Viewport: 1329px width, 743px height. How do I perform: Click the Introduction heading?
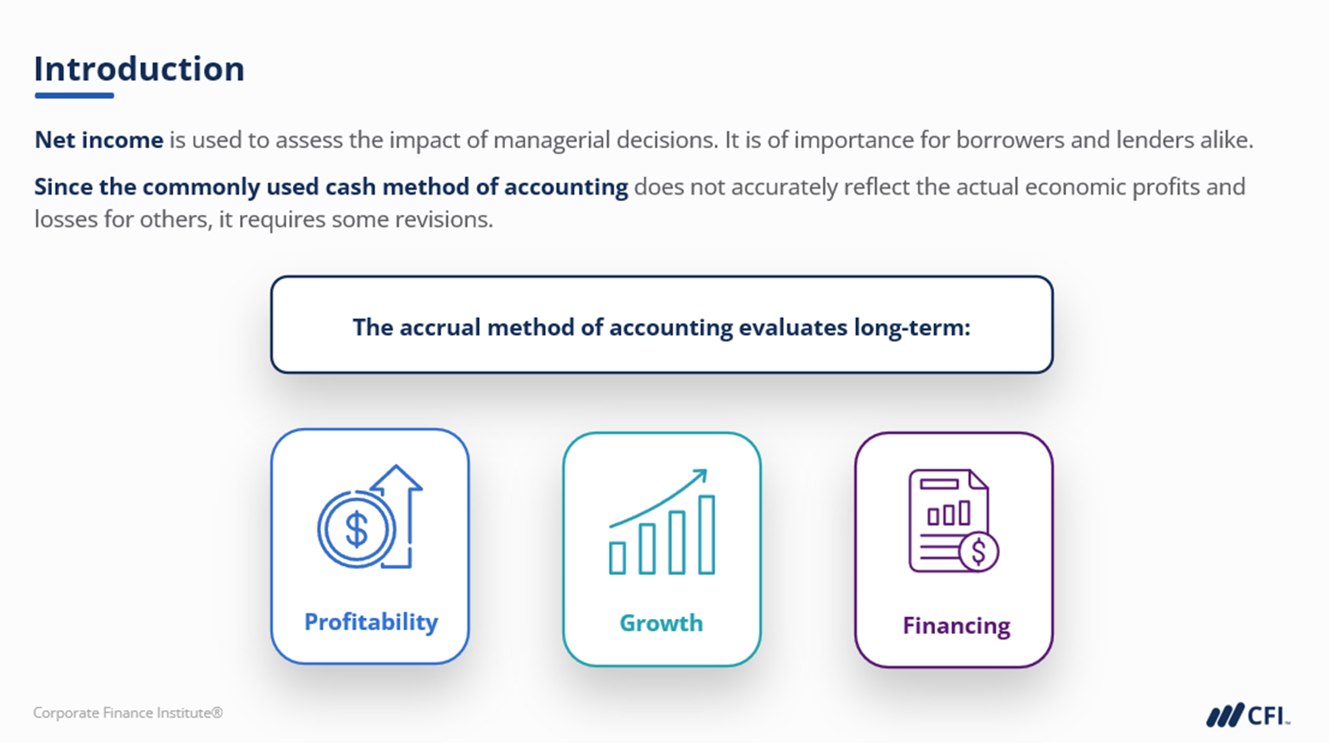pos(139,69)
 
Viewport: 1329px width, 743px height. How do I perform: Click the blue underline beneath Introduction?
pos(74,96)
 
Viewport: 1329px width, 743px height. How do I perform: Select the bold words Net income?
pos(99,140)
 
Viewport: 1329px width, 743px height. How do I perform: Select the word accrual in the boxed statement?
pos(439,327)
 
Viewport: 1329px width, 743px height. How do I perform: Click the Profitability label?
pos(371,622)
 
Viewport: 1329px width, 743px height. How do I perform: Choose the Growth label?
pos(661,623)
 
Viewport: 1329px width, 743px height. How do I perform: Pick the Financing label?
pos(957,626)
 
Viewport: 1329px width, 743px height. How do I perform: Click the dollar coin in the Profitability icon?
pos(356,529)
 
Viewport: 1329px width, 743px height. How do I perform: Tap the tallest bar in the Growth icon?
pos(707,534)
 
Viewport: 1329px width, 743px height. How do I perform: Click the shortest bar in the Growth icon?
pos(617,558)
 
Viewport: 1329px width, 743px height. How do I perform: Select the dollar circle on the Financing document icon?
pos(978,551)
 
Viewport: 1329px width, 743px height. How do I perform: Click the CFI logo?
pos(1249,715)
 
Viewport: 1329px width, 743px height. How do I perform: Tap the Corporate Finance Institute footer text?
pos(128,713)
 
